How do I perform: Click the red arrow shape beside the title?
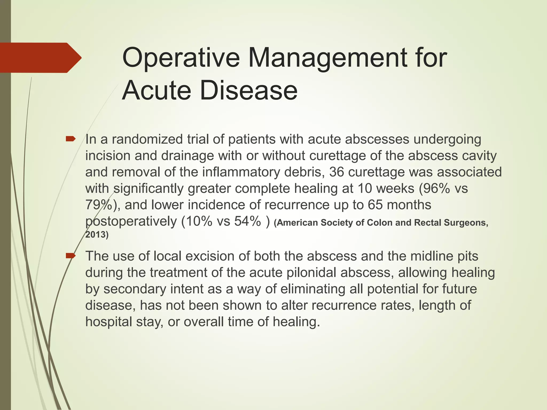click(40, 58)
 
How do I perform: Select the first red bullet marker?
click(71, 139)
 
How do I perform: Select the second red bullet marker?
click(71, 256)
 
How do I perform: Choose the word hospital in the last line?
click(109, 322)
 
